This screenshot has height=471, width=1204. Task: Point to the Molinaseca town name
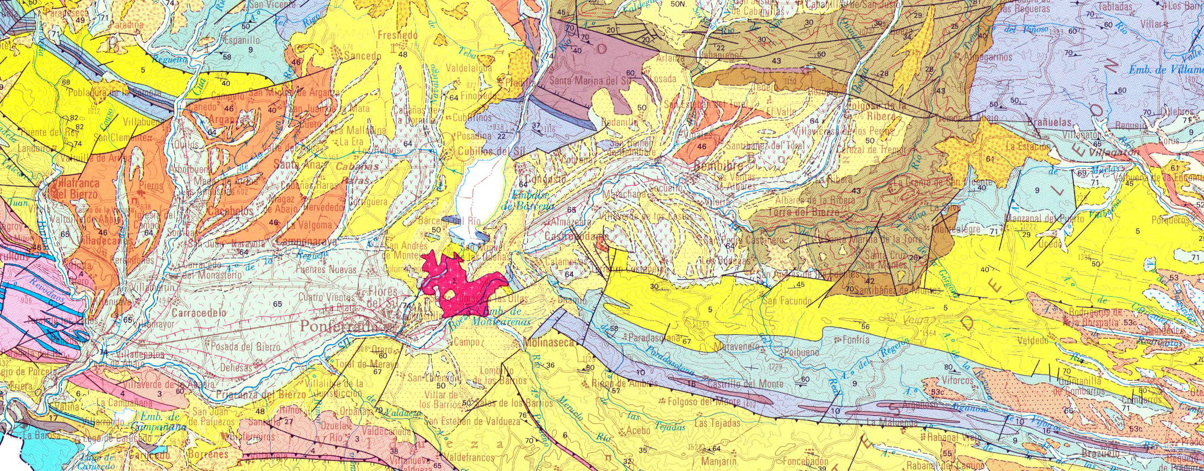(x=551, y=342)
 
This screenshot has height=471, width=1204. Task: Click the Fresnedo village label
(x=397, y=35)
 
